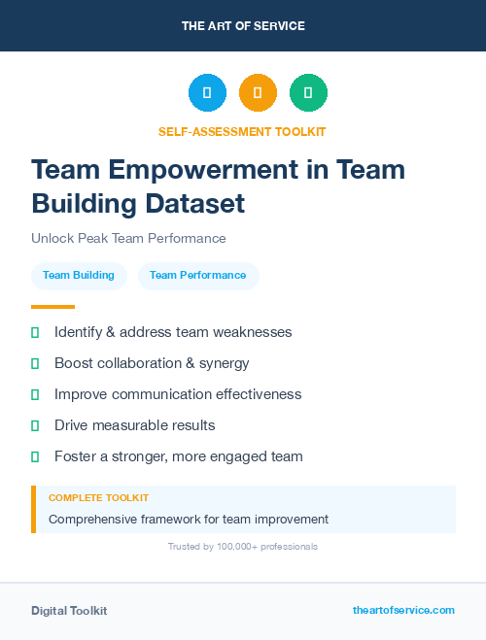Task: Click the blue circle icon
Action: pos(207,92)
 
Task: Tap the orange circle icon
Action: pos(258,92)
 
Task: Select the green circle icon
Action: pos(308,92)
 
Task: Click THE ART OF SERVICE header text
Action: pos(243,26)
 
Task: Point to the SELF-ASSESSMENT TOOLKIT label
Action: pos(242,131)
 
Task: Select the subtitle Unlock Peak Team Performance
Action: pos(128,238)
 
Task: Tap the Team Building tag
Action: pos(79,276)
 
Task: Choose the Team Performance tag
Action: pos(197,276)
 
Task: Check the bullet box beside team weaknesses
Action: pos(35,332)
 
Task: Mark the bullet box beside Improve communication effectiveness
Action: pos(35,394)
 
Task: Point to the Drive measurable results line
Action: pos(134,425)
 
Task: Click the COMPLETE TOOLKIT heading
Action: pos(98,498)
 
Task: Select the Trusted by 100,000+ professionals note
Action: pos(243,547)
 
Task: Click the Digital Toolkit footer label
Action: pos(69,611)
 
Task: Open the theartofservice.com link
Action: pos(403,610)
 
